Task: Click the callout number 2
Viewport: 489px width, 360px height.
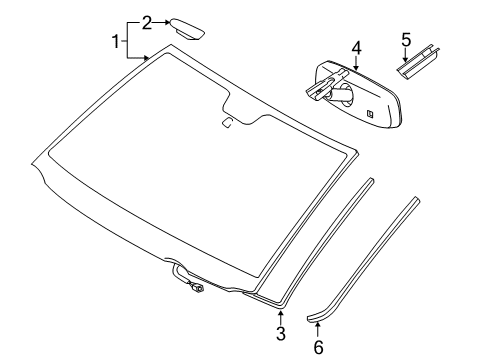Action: (147, 21)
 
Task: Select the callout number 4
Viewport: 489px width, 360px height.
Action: (355, 46)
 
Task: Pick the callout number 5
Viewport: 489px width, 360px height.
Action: (406, 39)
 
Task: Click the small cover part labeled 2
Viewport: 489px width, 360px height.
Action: (186, 26)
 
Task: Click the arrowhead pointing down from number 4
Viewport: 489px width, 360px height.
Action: (355, 67)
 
